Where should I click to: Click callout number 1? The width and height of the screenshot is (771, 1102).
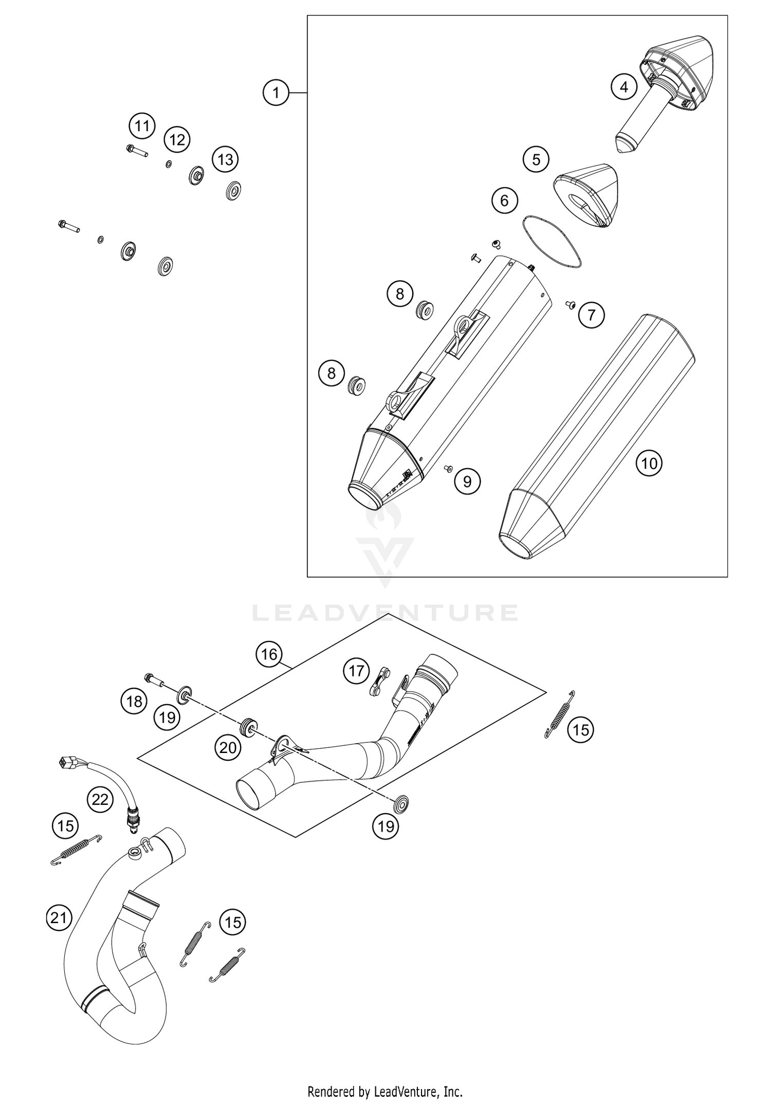276,93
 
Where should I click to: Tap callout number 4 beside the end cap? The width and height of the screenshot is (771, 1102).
623,87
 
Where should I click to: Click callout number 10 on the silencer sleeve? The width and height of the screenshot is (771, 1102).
649,463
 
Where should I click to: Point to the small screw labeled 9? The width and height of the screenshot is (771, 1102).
447,468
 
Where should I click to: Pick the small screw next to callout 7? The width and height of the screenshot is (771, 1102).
570,305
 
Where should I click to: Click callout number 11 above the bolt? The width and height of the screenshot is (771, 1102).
142,126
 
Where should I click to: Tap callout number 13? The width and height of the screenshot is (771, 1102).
226,159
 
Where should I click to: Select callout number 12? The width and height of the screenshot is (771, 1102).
177,139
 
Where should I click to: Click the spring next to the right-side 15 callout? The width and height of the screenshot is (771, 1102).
559,714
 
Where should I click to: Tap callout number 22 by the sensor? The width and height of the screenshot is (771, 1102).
100,799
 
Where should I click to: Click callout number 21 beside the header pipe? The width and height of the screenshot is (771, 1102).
59,916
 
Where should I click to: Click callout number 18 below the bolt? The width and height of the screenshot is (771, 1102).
134,701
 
